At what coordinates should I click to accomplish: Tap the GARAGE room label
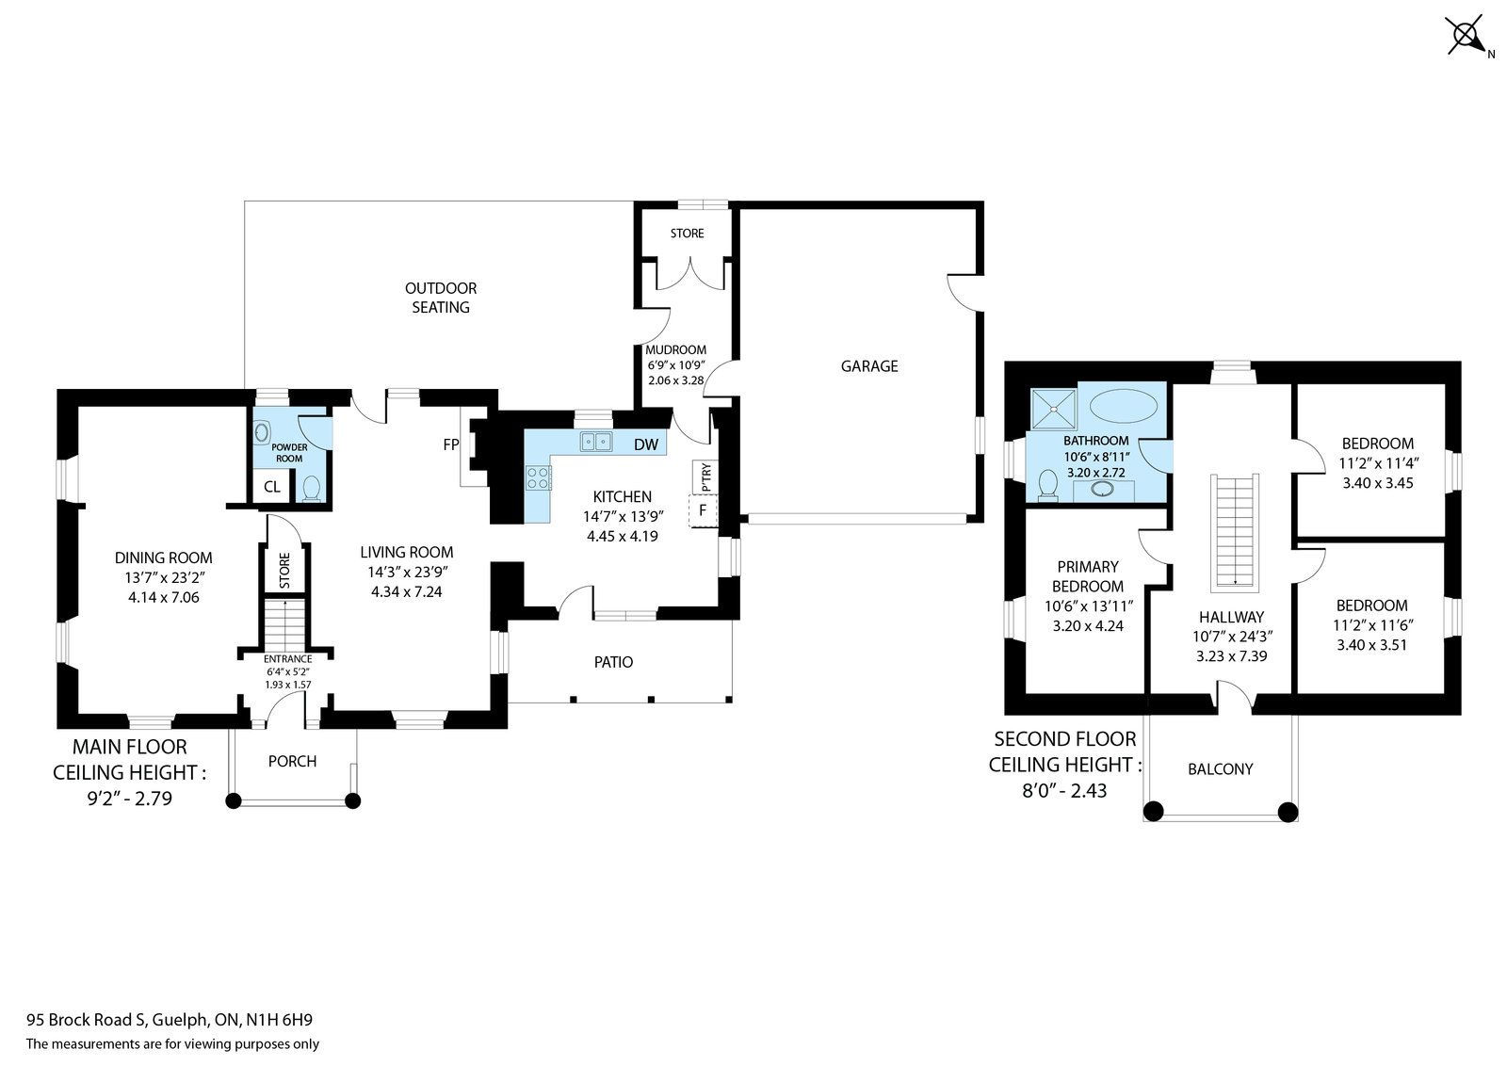[869, 366]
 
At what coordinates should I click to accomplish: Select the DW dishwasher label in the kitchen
[646, 444]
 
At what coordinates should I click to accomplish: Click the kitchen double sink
[596, 442]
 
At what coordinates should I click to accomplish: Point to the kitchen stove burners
[538, 477]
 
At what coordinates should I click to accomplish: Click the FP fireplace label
[451, 444]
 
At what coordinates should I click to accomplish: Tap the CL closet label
[272, 487]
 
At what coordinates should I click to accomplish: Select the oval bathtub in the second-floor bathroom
[1124, 406]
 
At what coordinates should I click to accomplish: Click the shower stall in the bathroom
[1054, 409]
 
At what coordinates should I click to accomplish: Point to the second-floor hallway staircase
[1235, 533]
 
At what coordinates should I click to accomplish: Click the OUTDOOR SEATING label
[441, 298]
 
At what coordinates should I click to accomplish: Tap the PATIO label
[613, 662]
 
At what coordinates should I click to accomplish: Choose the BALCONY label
[1221, 769]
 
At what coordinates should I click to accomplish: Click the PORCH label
[292, 761]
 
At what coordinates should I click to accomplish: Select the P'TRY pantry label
[705, 476]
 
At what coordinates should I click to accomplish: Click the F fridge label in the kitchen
[703, 510]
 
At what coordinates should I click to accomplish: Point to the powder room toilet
[311, 489]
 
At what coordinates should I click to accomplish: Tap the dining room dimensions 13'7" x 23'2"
[164, 577]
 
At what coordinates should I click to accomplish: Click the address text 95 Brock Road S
[86, 1020]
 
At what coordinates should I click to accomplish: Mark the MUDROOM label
[675, 350]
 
